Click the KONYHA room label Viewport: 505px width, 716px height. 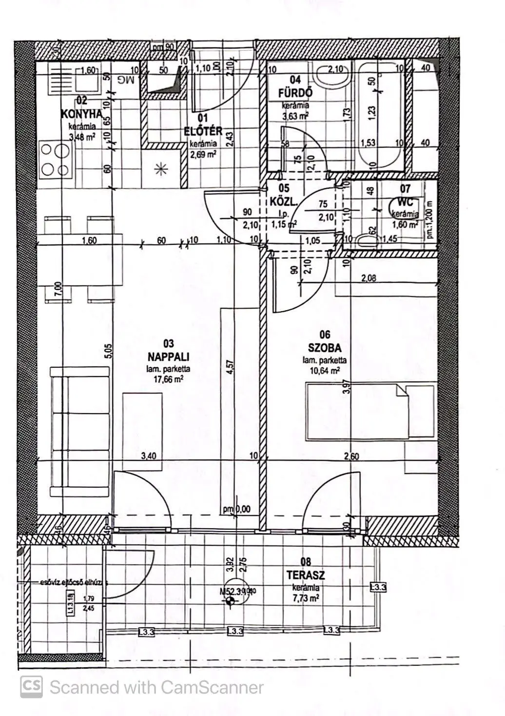pyautogui.click(x=81, y=114)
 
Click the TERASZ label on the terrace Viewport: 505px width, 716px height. pyautogui.click(x=306, y=576)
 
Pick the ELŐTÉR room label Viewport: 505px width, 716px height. pyautogui.click(x=203, y=131)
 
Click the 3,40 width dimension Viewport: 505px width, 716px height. pyautogui.click(x=149, y=457)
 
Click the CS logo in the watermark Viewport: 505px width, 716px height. pyautogui.click(x=31, y=687)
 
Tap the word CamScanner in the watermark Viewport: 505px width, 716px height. pyautogui.click(x=212, y=688)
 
